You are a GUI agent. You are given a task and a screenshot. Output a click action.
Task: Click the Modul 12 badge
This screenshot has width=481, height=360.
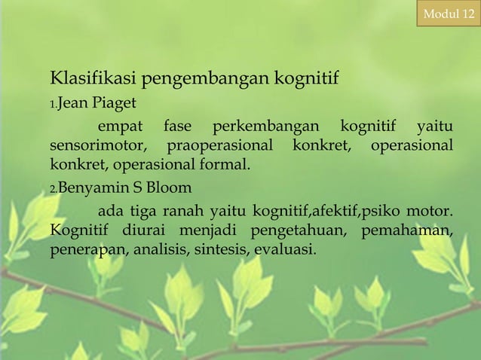[448, 13]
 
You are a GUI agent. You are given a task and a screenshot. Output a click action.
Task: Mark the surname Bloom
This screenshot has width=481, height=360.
[172, 187]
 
